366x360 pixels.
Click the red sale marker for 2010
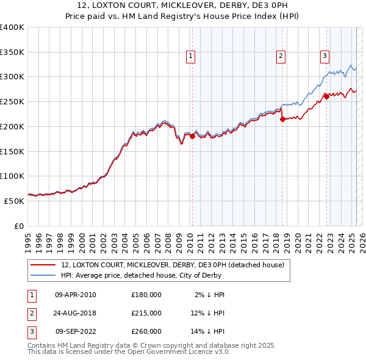(192, 137)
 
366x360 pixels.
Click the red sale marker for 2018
(282, 120)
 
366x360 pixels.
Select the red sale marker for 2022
(326, 96)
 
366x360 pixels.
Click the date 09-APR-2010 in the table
(75, 294)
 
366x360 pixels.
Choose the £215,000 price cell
(146, 313)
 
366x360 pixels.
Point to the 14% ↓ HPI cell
(207, 332)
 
